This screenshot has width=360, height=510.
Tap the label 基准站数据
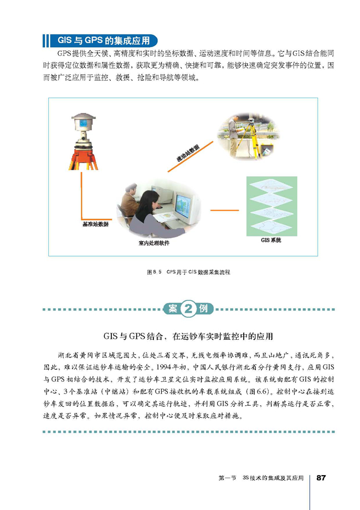click(x=95, y=225)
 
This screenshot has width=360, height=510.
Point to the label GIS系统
click(x=271, y=240)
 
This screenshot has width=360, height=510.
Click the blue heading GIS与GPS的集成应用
click(x=104, y=40)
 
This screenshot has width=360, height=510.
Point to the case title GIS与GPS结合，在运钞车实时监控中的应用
click(x=188, y=336)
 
